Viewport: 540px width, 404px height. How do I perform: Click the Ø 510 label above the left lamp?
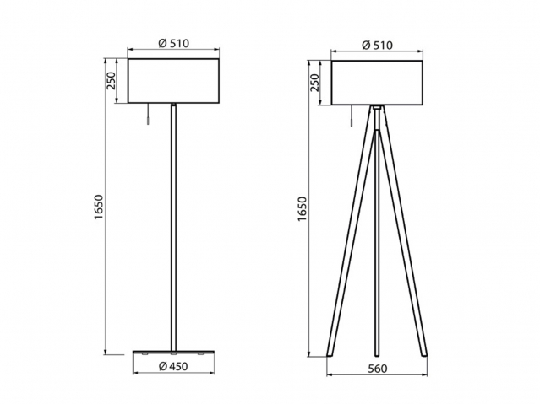click(x=173, y=43)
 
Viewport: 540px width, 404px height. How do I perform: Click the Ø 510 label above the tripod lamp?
click(x=377, y=45)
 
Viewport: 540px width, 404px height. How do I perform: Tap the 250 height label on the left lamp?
click(x=112, y=81)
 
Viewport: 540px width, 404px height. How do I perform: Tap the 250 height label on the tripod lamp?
click(x=314, y=83)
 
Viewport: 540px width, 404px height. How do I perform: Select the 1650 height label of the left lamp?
click(x=99, y=207)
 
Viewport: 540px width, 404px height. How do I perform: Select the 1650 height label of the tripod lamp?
click(x=302, y=209)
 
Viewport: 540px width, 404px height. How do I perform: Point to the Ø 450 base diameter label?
click(x=173, y=367)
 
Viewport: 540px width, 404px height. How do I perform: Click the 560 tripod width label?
click(x=378, y=369)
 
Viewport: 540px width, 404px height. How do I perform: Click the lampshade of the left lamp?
click(x=173, y=81)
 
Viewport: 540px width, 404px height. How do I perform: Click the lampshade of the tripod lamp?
click(x=377, y=83)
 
